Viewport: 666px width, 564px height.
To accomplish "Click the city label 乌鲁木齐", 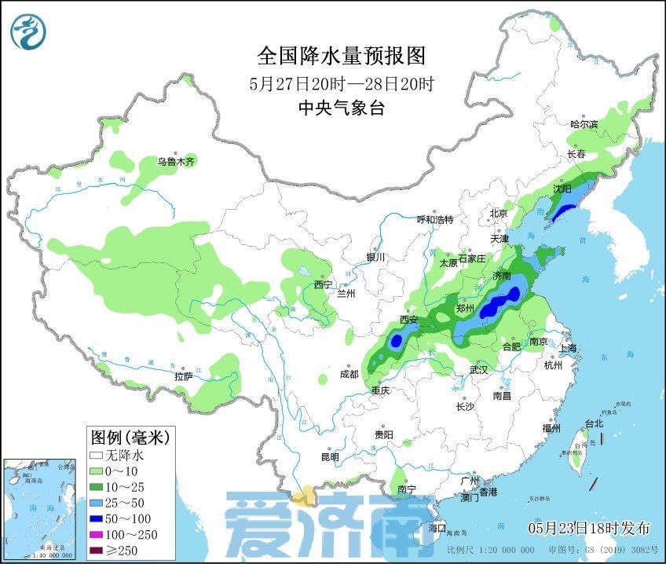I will point(174,162).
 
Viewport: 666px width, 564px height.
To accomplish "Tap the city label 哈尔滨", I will point(584,124).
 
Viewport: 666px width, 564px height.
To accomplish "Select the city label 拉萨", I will point(183,377).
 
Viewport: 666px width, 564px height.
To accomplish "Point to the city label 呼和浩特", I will point(434,220).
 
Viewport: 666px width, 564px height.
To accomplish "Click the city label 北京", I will point(499,214).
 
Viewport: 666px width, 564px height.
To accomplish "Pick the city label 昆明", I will point(330,457).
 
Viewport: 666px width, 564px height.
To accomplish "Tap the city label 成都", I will point(349,375).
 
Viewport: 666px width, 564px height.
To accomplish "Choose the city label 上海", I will point(566,348).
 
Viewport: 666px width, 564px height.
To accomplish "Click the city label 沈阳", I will point(562,189).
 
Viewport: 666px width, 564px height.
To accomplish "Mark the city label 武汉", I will point(478,370).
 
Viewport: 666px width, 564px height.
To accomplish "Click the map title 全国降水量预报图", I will point(341,56).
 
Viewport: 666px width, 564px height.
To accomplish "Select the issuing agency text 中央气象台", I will point(342,108).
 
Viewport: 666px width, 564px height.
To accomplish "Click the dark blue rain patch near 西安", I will point(397,340).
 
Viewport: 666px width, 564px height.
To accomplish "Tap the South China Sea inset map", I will point(42,509).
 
